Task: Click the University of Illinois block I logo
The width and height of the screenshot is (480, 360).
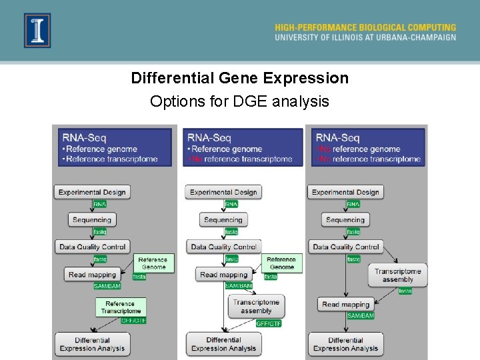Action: pyautogui.click(x=37, y=30)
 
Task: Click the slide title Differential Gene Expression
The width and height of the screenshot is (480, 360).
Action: pyautogui.click(x=239, y=78)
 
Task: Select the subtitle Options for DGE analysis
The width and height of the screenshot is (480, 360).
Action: pyautogui.click(x=239, y=101)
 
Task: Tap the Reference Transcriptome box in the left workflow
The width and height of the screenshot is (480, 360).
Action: pyautogui.click(x=121, y=307)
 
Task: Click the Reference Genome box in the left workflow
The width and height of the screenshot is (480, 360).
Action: pyautogui.click(x=153, y=263)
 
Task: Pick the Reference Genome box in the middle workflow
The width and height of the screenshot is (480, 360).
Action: pyautogui.click(x=281, y=263)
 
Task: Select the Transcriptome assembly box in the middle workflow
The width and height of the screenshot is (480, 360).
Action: pyautogui.click(x=256, y=306)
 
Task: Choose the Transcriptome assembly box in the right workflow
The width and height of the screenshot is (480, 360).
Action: pyautogui.click(x=397, y=275)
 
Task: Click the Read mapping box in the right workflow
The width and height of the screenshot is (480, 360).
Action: pyautogui.click(x=345, y=305)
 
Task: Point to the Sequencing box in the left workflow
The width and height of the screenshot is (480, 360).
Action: pyautogui.click(x=92, y=219)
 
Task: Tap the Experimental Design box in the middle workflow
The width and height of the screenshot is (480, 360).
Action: pyautogui.click(x=223, y=192)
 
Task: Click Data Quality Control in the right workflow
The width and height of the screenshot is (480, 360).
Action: pyautogui.click(x=346, y=247)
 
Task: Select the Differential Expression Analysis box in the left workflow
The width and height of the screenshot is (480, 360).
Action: pyautogui.click(x=92, y=344)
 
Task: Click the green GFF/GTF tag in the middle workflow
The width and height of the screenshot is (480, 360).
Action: pyautogui.click(x=269, y=323)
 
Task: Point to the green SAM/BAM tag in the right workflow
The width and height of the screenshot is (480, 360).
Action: pyautogui.click(x=360, y=315)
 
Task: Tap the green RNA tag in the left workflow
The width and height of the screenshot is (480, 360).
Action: pyautogui.click(x=99, y=204)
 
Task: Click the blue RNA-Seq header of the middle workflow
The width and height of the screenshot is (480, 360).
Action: pyautogui.click(x=243, y=147)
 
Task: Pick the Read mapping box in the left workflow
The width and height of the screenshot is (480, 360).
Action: pyautogui.click(x=92, y=274)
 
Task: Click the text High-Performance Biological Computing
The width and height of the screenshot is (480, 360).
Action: pyautogui.click(x=365, y=27)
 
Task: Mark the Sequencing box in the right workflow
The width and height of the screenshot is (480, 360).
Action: pyautogui.click(x=345, y=219)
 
